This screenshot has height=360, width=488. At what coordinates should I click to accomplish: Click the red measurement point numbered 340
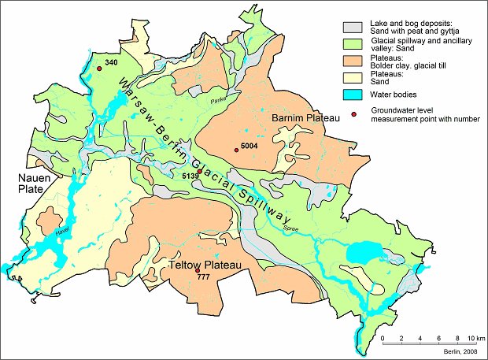click(x=100, y=69)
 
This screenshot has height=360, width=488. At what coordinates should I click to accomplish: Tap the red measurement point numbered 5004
click(x=236, y=150)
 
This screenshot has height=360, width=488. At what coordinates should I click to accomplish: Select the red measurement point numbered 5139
click(x=200, y=172)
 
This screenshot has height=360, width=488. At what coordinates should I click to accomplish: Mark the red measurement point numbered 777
click(x=197, y=271)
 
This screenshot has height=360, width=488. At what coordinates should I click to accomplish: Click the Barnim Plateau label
click(x=305, y=118)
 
